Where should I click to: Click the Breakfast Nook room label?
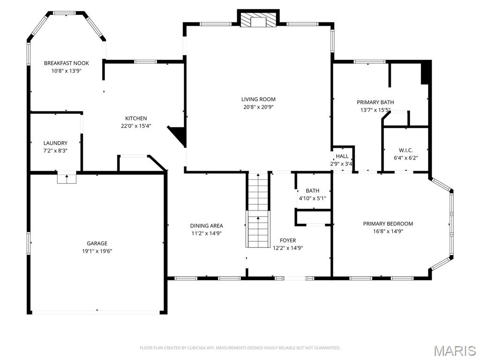66,63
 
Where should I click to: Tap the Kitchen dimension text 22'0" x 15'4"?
136,126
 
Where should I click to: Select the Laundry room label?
55,143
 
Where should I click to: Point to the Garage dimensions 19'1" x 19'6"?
97,251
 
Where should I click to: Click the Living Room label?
258,99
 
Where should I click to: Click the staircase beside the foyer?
258,210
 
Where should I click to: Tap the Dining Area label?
206,225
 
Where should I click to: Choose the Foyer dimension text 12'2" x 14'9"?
288,248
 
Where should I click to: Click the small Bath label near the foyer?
312,191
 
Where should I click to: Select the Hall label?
342,156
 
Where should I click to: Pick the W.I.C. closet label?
405,150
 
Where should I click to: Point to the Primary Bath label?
375,102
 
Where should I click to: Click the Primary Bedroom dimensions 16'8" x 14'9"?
388,231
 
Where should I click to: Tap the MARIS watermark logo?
454,351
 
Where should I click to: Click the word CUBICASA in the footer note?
193,348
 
